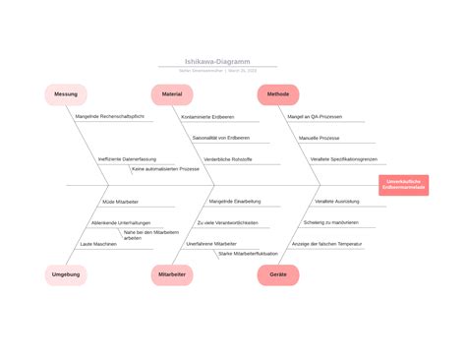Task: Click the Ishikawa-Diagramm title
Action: click(217, 61)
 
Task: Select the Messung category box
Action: click(66, 94)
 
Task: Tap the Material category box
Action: click(172, 94)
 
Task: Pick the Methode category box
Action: click(278, 94)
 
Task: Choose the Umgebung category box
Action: click(66, 274)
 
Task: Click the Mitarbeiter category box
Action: click(172, 274)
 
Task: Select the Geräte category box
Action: click(278, 274)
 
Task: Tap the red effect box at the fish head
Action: click(404, 185)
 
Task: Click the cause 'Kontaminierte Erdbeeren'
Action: click(207, 117)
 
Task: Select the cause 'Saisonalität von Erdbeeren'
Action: click(220, 138)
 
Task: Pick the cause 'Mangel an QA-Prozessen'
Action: click(315, 117)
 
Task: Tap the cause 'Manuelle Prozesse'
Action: click(320, 138)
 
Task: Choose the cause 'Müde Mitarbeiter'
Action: click(121, 202)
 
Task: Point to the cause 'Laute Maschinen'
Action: click(98, 243)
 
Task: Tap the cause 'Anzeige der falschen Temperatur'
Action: click(327, 243)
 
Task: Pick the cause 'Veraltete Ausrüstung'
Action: click(337, 202)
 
